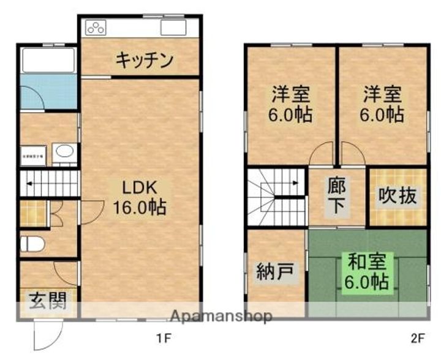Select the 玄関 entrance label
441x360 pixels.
point(47,301)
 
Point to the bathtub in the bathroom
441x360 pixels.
point(48,61)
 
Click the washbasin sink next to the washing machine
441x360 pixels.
point(64,153)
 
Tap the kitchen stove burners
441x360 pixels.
point(97,27)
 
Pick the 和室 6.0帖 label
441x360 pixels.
point(367,271)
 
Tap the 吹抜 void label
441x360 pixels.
point(398,197)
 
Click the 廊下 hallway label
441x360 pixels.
point(337,197)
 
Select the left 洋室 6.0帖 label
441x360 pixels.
point(291,105)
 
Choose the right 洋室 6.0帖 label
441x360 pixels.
point(382,105)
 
